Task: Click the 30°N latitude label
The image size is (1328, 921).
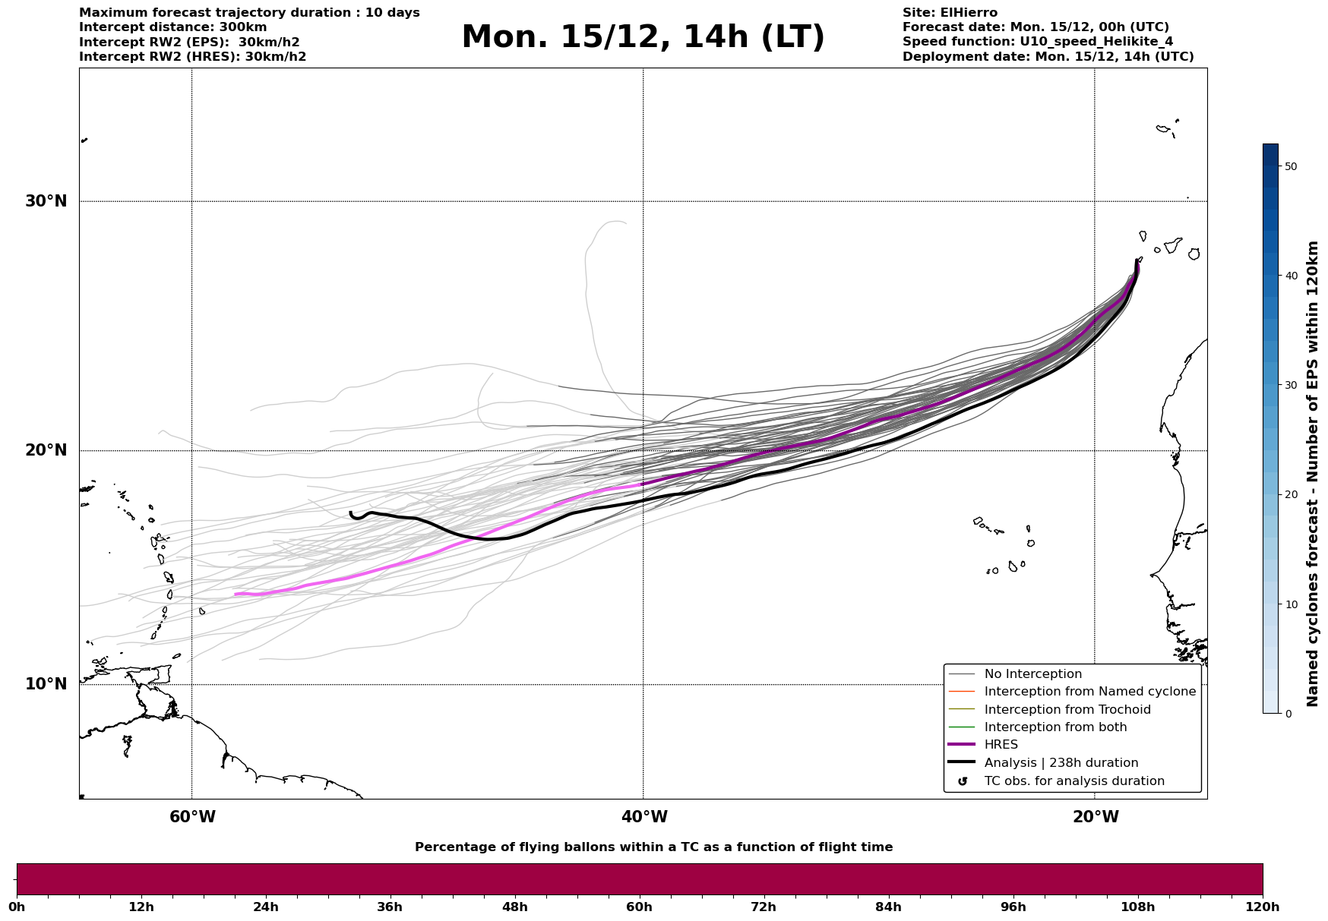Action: tap(46, 201)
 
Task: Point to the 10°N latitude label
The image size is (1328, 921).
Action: tap(46, 684)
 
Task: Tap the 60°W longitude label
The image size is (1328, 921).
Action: tap(192, 817)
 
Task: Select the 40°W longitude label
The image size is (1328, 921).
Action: tap(643, 817)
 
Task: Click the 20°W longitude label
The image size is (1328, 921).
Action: tap(1095, 817)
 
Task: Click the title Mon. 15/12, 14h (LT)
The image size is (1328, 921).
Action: tap(643, 36)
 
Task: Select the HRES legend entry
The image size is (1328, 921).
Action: tap(1001, 745)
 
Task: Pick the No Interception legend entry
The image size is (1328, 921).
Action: tap(1032, 674)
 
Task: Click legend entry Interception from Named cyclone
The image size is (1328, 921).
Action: tap(1089, 692)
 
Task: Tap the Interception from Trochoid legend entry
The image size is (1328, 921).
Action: tap(1067, 710)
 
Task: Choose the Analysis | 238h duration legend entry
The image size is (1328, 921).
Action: tap(1061, 763)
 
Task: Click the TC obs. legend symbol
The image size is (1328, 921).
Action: tap(963, 781)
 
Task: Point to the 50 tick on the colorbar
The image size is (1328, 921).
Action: tap(1290, 166)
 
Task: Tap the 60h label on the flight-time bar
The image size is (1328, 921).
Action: tap(639, 907)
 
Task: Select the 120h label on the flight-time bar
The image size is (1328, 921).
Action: tap(1262, 907)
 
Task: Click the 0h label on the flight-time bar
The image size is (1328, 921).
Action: tap(17, 907)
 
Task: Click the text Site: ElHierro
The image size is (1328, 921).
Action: tap(950, 13)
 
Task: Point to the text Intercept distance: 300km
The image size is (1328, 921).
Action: tap(173, 27)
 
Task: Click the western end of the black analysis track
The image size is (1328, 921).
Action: tap(350, 513)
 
